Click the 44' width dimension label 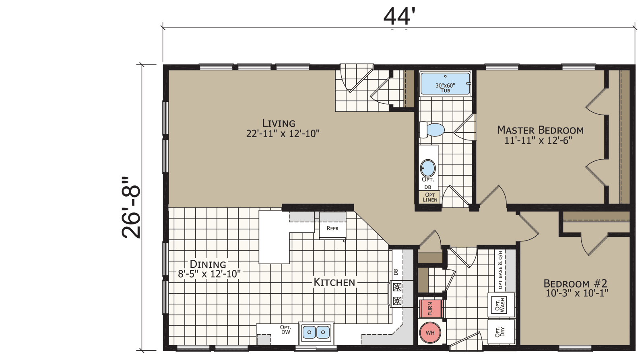399,16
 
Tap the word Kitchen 334,282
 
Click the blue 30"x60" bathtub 445,84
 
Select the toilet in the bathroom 432,130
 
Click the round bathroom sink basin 427,168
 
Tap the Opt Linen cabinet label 429,197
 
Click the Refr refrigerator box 332,228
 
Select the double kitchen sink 316,332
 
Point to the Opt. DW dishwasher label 285,329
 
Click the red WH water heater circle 430,333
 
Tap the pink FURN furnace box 430,309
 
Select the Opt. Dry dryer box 500,332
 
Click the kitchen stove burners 397,294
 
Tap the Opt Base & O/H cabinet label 500,269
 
